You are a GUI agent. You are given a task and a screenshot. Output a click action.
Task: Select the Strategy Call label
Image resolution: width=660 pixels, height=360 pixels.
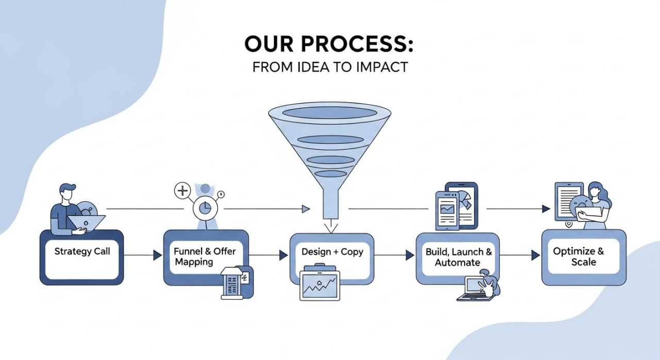click(x=82, y=252)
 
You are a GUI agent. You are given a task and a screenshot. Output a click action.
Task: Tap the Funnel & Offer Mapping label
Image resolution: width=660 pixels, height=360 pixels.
click(x=205, y=256)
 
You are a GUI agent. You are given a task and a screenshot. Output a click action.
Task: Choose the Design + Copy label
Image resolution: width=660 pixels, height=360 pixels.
click(x=332, y=252)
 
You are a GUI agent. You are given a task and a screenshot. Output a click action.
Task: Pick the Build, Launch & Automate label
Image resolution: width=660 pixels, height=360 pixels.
click(x=458, y=257)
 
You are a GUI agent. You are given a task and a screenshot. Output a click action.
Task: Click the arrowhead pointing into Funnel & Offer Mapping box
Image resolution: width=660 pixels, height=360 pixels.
click(x=157, y=255)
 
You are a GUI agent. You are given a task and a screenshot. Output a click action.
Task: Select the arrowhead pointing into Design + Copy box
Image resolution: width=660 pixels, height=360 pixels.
click(x=283, y=255)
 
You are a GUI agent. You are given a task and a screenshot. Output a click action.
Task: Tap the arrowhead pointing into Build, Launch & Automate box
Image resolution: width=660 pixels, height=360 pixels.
click(x=410, y=255)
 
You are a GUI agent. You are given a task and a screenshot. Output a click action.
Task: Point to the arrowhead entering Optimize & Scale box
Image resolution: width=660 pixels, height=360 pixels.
click(x=535, y=255)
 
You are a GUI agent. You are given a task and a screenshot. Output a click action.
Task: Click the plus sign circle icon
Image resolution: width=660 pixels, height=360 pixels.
click(x=183, y=191)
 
